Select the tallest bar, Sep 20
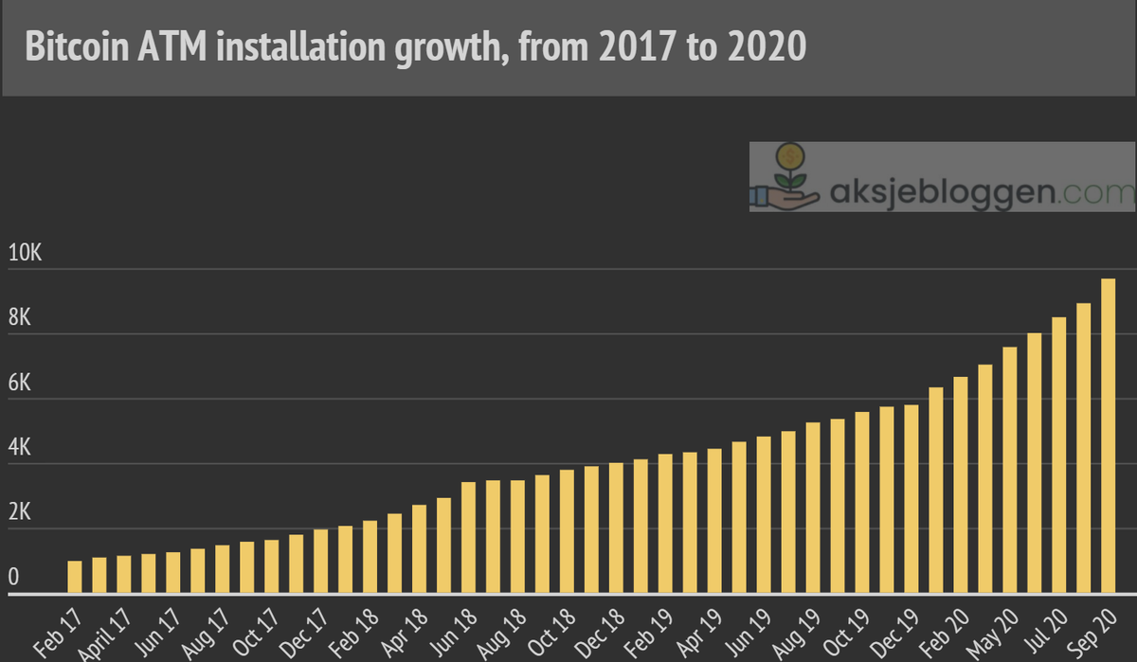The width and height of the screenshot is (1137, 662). point(1108,437)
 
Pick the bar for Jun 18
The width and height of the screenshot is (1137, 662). point(468,538)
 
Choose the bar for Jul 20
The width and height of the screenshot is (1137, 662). point(1058,456)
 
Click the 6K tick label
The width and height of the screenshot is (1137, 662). point(20,384)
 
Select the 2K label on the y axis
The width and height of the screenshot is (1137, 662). point(20,513)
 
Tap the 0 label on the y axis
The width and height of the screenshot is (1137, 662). point(13,578)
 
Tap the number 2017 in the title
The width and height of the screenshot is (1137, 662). point(634,45)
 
